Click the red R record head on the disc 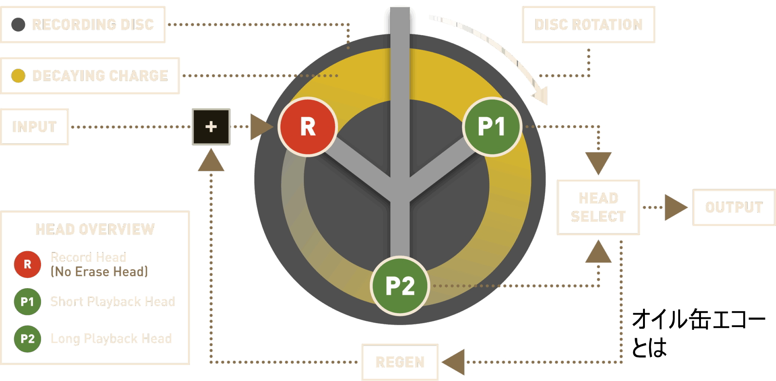(308, 127)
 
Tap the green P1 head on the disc (492, 127)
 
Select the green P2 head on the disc (400, 285)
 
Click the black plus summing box (211, 127)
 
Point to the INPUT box (34, 127)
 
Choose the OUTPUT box (734, 207)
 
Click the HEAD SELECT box (598, 207)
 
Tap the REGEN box (400, 362)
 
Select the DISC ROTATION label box (588, 25)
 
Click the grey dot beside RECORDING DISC (18, 25)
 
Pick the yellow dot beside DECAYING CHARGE (18, 76)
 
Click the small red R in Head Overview (27, 264)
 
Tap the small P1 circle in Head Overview (27, 302)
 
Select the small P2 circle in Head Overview (27, 339)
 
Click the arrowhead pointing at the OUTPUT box (675, 207)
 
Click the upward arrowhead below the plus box (211, 161)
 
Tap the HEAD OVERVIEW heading (95, 229)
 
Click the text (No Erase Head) (99, 272)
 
